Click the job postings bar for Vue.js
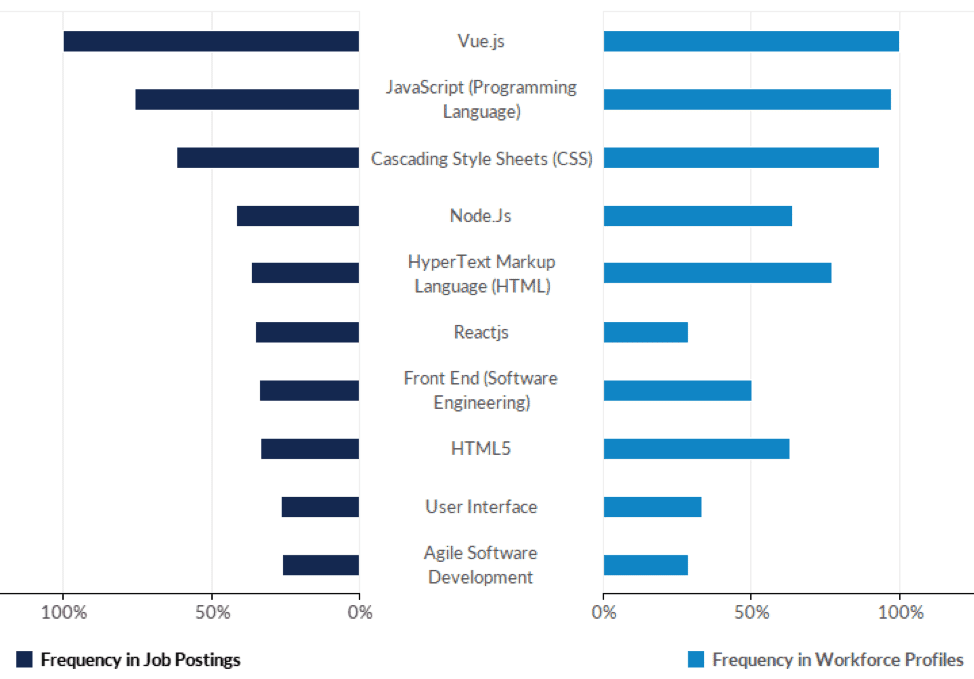click(211, 41)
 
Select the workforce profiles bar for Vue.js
click(751, 41)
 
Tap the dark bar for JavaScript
click(247, 99)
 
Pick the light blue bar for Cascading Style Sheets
click(741, 158)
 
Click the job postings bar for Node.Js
click(298, 216)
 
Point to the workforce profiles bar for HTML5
click(696, 449)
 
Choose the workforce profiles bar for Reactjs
click(646, 332)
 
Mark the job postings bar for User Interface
click(320, 507)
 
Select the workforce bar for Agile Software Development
click(646, 565)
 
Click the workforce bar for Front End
click(677, 391)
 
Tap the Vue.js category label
click(481, 41)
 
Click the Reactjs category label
click(481, 332)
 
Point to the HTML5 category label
click(481, 449)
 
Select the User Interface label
click(481, 507)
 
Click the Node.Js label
click(481, 216)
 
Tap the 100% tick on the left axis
click(63, 612)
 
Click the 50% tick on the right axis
click(751, 612)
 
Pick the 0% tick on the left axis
click(359, 612)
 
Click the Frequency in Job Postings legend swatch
click(25, 659)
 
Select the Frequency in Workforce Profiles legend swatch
click(696, 659)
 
